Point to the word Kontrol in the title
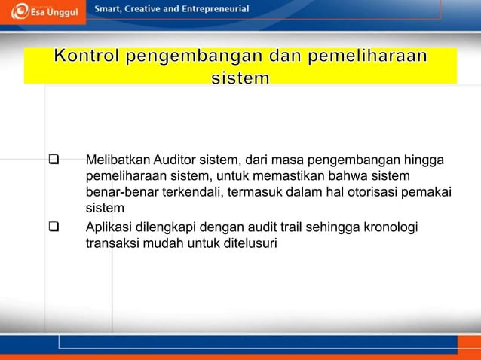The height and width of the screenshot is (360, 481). (88, 57)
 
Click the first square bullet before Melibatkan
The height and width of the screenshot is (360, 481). (54, 160)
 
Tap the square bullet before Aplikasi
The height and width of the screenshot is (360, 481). (54, 228)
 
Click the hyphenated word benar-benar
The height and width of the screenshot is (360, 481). (121, 192)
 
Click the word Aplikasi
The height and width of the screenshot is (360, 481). (109, 228)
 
